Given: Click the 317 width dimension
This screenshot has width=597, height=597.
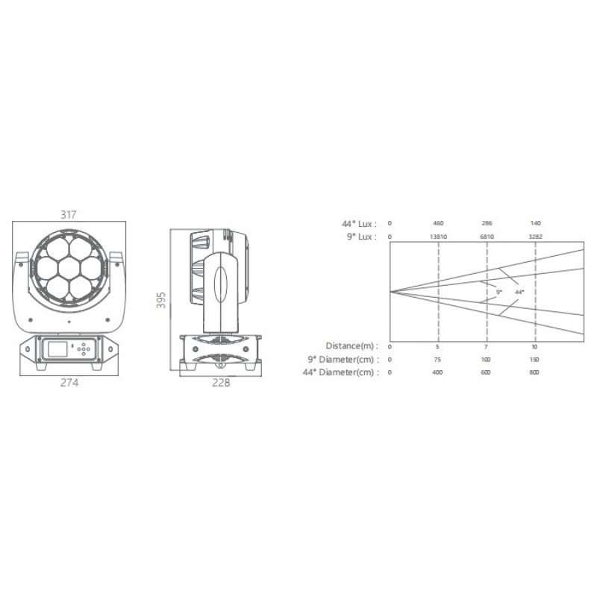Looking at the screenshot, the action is click(x=69, y=215).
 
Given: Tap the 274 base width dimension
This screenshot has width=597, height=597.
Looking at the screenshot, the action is click(x=69, y=382).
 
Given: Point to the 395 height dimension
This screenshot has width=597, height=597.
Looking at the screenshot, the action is click(x=161, y=300).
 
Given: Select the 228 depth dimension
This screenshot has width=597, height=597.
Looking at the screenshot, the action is click(x=221, y=382).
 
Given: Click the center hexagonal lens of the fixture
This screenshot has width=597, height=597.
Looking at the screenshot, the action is click(x=69, y=268).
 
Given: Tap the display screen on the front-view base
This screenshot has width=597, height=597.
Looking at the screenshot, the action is click(x=57, y=348).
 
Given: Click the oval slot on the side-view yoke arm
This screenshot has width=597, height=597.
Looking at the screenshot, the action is click(x=220, y=285).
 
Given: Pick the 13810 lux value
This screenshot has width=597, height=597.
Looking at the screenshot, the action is click(x=438, y=237).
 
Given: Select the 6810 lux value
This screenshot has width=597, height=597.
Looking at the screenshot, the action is click(x=487, y=237).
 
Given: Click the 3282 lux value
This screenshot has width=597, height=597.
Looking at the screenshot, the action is click(x=535, y=237).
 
